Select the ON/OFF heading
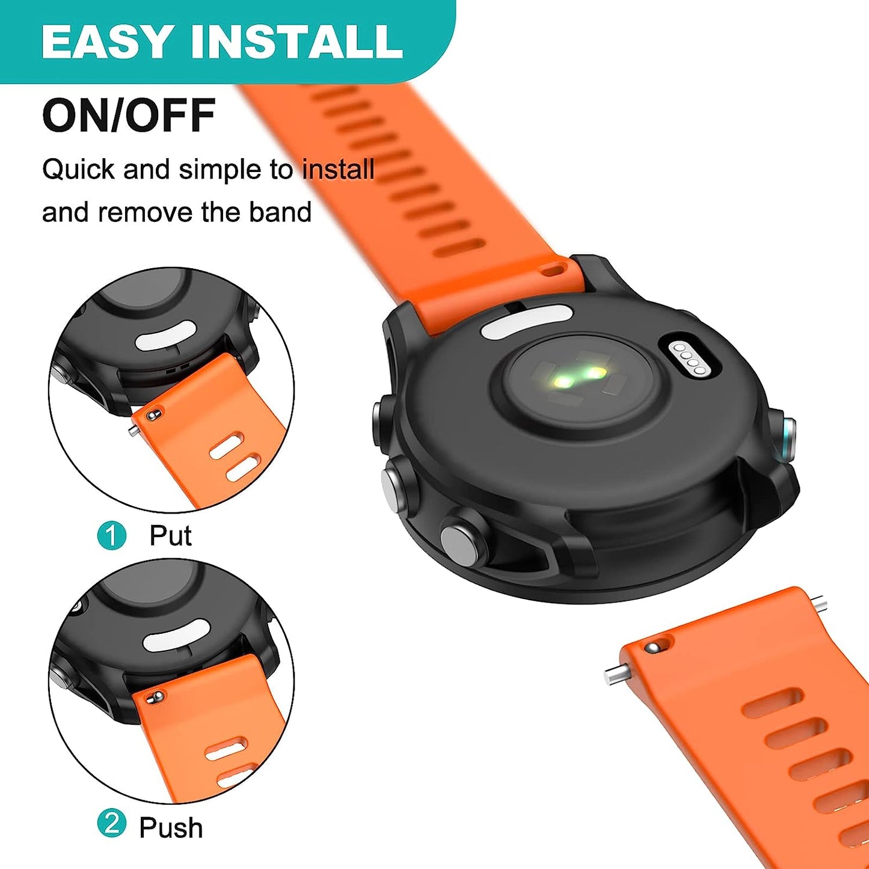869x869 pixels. tap(129, 115)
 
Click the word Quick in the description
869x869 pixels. tap(78, 170)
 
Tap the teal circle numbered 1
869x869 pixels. tap(112, 535)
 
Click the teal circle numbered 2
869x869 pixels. tap(112, 824)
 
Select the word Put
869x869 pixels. tap(170, 535)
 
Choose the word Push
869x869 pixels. tap(171, 828)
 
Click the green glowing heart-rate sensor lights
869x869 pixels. tap(579, 377)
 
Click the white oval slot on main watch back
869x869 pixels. tap(526, 321)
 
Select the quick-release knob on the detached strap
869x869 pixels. tap(653, 647)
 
